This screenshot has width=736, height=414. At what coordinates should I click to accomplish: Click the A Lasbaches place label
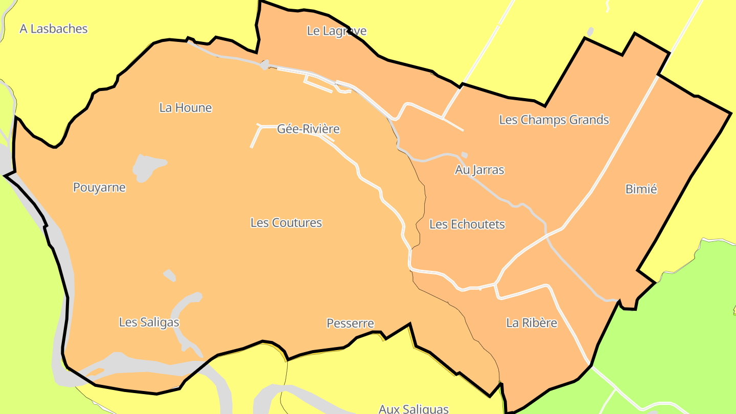point(54,29)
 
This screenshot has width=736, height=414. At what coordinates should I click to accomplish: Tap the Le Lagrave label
point(336,31)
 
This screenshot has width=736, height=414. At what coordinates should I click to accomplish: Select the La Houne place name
point(186,108)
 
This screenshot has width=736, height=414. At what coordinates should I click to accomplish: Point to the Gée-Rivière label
point(308,129)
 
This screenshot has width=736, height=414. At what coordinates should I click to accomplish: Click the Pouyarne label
point(99,188)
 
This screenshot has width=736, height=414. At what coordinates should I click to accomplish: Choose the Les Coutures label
point(286,223)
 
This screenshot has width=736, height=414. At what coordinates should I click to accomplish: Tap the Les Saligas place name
point(149,322)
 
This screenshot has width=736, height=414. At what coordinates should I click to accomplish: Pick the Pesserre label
point(350,324)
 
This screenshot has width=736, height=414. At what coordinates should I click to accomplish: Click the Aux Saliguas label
point(413,408)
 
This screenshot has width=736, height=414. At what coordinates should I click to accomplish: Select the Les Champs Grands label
point(554,120)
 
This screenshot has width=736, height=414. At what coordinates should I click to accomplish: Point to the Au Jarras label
point(479,170)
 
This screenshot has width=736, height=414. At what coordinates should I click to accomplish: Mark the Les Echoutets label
point(467,224)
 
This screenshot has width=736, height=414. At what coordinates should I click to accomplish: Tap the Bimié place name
point(641,189)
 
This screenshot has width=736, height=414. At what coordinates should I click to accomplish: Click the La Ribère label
point(532,323)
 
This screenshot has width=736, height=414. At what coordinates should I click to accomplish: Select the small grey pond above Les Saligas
point(170,275)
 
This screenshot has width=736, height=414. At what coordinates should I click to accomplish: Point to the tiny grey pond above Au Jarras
point(464,155)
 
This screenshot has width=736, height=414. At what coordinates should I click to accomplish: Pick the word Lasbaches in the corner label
point(59,29)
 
